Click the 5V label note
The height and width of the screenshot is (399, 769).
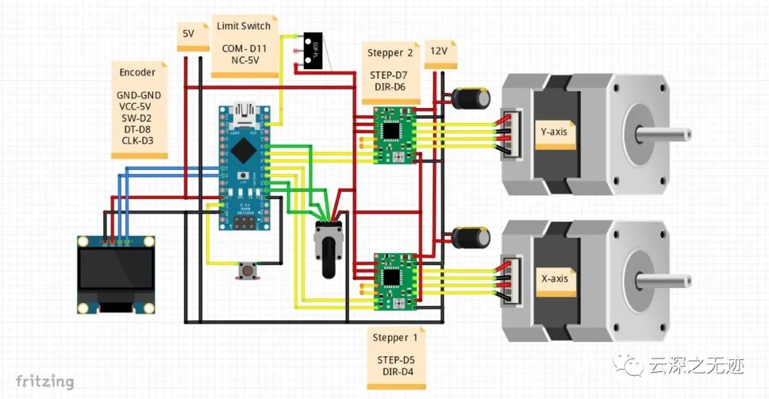189,35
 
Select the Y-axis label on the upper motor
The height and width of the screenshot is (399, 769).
555,132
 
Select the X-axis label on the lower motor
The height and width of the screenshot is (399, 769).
555,280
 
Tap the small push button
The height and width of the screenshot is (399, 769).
249,270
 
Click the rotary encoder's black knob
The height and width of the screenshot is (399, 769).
328,257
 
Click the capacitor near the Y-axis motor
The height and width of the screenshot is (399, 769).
472,99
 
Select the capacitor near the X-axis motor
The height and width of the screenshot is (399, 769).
472,237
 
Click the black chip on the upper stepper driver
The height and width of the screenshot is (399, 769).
391,131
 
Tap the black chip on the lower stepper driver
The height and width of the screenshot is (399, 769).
391,276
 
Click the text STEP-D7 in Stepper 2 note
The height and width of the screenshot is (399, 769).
389,75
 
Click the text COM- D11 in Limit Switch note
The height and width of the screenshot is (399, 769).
244,48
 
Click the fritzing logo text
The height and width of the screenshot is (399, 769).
45,381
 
